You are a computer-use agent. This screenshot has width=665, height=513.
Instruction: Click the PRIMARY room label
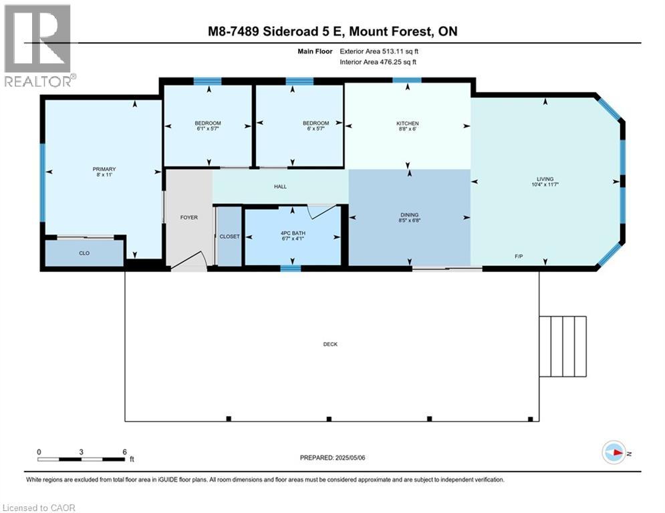104,169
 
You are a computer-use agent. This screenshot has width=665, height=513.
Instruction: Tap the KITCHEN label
407,124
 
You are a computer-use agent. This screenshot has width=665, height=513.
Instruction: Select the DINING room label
408,214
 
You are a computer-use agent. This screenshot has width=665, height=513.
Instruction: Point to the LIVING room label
546,179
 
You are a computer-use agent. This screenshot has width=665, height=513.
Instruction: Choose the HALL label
280,186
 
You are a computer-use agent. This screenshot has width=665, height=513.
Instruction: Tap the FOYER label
189,217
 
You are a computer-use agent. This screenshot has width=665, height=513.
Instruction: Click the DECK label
330,345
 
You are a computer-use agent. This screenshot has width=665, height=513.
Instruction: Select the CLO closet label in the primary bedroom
84,253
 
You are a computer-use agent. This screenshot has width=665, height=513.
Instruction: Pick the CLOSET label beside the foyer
229,237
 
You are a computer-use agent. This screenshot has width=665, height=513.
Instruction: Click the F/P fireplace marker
518,256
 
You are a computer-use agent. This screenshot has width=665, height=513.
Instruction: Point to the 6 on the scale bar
124,452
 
